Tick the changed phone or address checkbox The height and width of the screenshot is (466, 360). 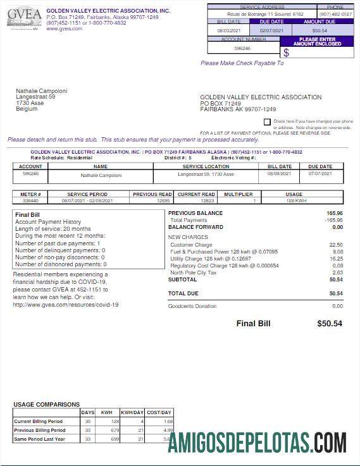(x=267, y=121)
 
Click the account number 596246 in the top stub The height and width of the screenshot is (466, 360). (x=242, y=48)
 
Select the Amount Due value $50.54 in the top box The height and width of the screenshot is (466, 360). (x=320, y=30)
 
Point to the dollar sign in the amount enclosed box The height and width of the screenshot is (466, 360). (x=286, y=52)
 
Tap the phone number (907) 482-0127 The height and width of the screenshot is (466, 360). (x=335, y=13)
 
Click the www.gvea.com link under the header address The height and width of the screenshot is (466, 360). (x=64, y=28)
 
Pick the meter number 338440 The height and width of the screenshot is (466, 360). (x=30, y=200)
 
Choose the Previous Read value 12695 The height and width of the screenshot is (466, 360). (x=163, y=200)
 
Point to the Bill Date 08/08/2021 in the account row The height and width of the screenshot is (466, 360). (x=279, y=173)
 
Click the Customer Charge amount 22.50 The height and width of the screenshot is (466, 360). (x=336, y=245)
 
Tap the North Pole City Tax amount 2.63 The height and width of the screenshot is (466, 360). (x=337, y=273)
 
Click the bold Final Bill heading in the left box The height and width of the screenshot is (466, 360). (x=27, y=215)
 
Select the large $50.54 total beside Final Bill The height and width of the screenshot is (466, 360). (x=329, y=323)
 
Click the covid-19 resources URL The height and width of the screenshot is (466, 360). (x=66, y=304)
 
